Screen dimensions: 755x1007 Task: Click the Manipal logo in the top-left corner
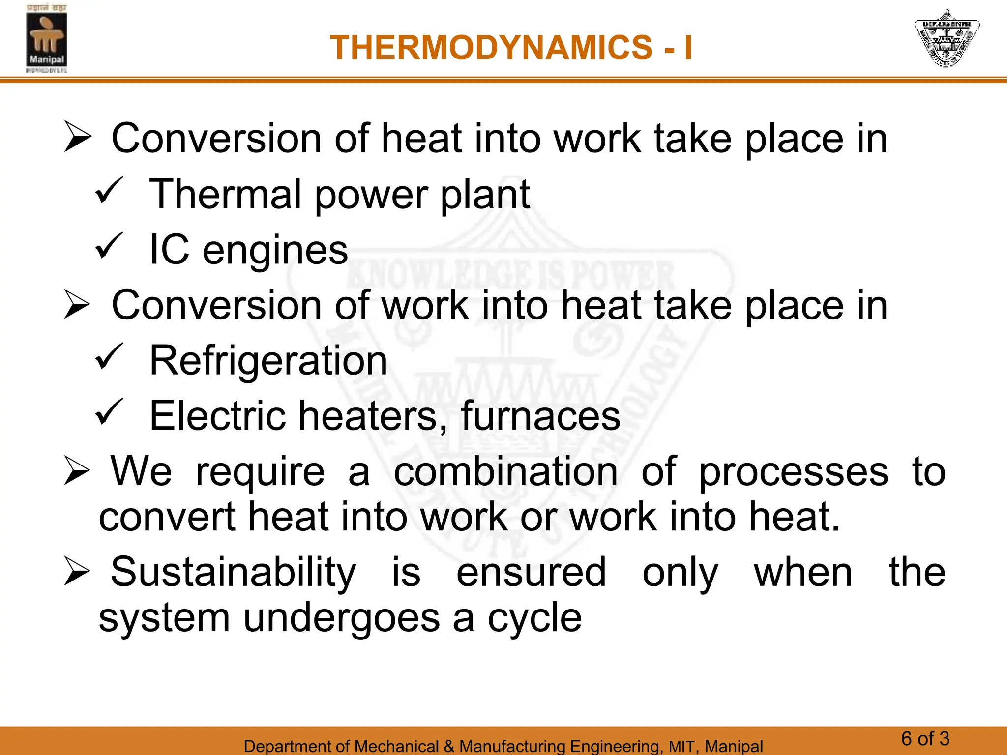pyautogui.click(x=46, y=39)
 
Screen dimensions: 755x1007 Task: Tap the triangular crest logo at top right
pyautogui.click(x=946, y=38)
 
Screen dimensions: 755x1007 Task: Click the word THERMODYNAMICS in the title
pyautogui.click(x=491, y=48)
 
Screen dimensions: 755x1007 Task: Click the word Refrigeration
pyautogui.click(x=268, y=361)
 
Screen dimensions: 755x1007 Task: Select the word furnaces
pyautogui.click(x=541, y=416)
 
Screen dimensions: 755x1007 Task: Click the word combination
pyautogui.click(x=505, y=472)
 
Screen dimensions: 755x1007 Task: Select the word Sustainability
pyautogui.click(x=233, y=572)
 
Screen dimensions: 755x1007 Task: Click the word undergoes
pyautogui.click(x=341, y=619)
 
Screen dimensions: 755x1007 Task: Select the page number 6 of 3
pyautogui.click(x=925, y=739)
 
